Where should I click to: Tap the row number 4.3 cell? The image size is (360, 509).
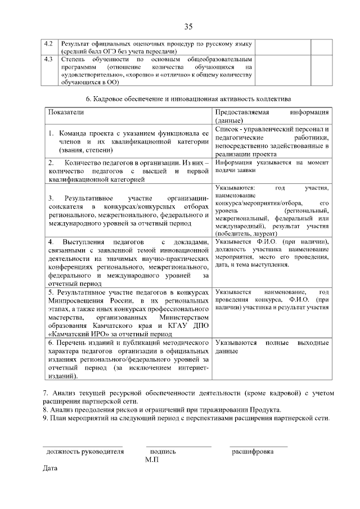(x=48, y=59)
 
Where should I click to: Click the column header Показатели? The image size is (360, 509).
(x=66, y=112)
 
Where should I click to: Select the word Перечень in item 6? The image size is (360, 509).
(x=73, y=342)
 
